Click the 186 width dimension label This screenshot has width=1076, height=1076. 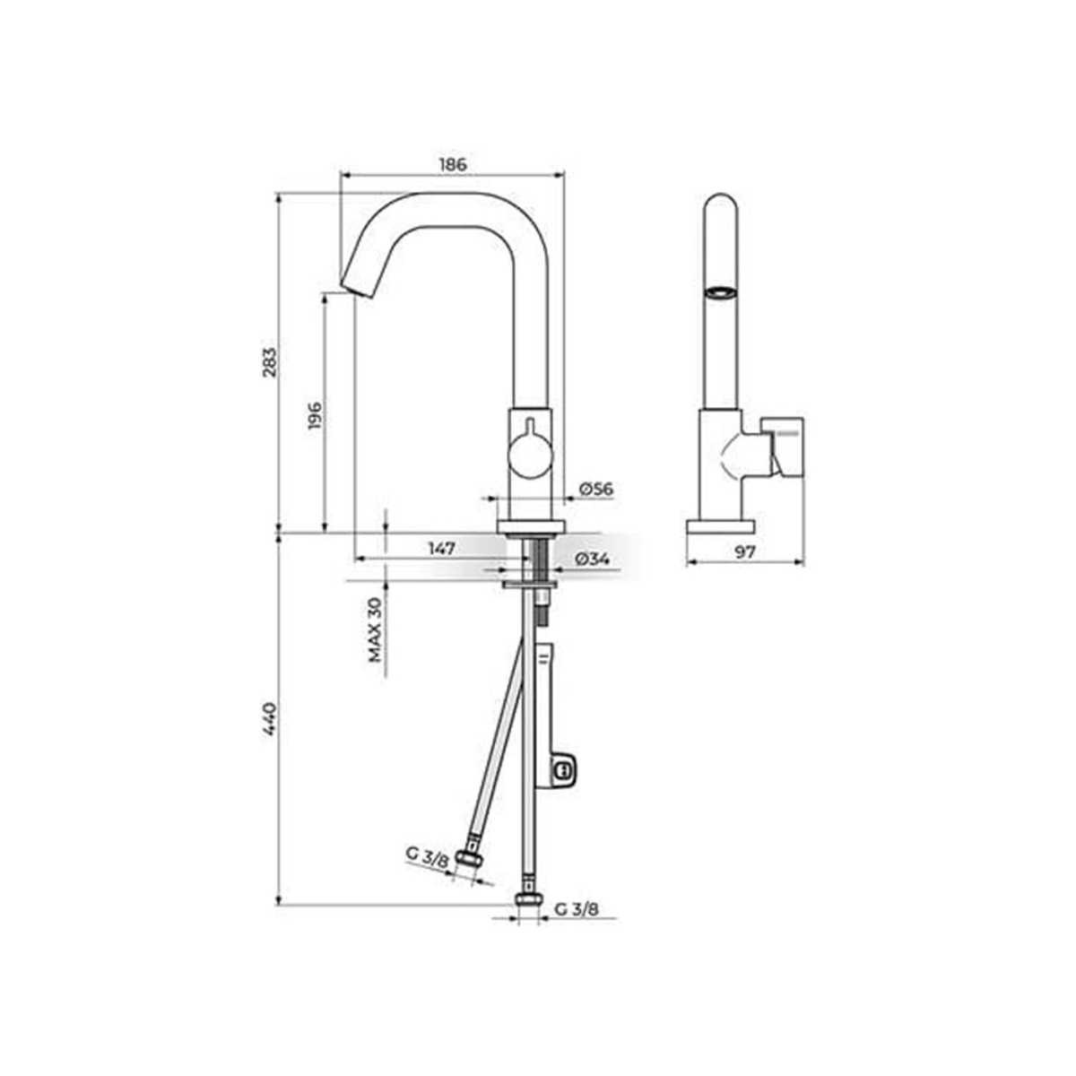click(x=452, y=165)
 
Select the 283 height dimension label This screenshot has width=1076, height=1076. click(x=270, y=363)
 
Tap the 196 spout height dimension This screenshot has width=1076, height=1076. click(x=315, y=416)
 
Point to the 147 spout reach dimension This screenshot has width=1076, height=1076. click(x=441, y=549)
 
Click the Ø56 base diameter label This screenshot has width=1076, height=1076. click(x=595, y=490)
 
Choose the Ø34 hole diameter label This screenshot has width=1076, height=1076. click(x=591, y=559)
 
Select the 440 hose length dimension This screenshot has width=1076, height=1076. click(x=270, y=720)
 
